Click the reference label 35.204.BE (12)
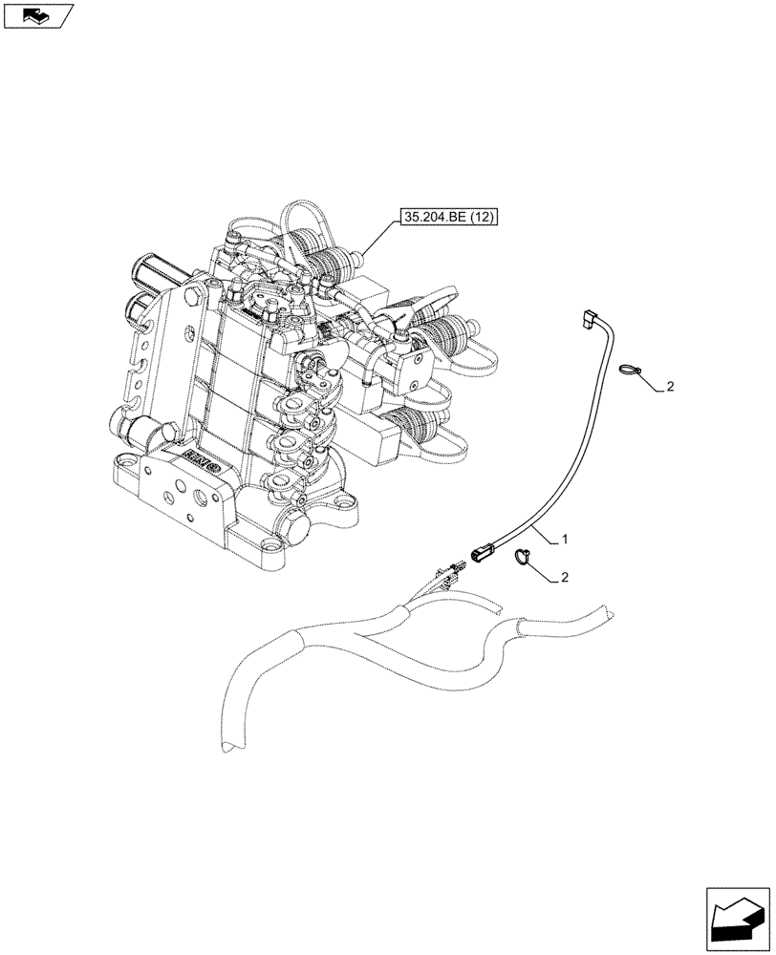coord(449,219)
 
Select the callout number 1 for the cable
coord(566,540)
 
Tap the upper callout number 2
coord(670,387)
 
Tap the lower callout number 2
coord(566,578)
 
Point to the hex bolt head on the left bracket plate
coord(199,287)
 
